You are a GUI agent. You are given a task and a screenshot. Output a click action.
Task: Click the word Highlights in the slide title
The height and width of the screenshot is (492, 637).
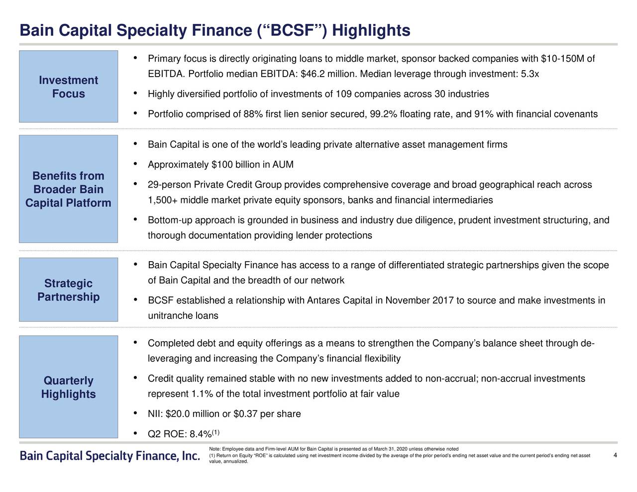371,31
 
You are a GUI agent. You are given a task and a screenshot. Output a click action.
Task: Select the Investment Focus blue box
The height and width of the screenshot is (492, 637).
69,87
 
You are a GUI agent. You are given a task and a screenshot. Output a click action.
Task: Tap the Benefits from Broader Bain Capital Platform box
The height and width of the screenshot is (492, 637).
69,189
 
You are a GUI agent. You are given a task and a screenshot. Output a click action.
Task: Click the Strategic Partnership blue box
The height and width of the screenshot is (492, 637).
69,290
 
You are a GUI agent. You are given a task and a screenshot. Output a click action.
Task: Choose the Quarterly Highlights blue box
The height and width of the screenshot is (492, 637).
69,387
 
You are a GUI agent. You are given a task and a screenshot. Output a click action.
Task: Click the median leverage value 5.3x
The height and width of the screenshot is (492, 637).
530,74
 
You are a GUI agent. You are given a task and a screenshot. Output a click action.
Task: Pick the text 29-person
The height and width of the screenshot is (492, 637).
169,185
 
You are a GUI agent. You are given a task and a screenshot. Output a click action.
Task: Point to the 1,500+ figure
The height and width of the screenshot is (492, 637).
163,200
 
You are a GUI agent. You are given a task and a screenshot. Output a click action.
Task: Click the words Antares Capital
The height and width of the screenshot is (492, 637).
340,300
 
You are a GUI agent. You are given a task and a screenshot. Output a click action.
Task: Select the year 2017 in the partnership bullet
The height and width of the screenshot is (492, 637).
443,300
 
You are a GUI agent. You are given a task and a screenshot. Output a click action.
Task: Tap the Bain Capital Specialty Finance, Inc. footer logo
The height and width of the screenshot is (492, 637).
110,456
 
